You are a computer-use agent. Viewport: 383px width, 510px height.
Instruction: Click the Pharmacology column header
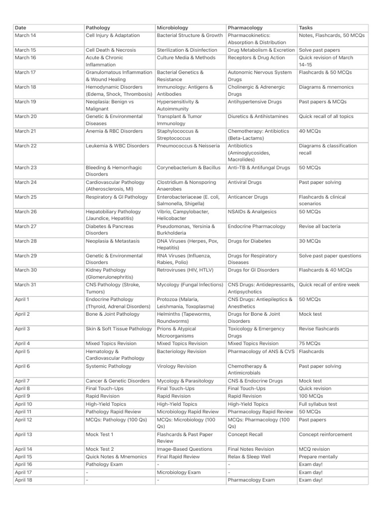tap(245, 28)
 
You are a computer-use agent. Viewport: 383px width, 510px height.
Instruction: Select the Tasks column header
tap(306, 28)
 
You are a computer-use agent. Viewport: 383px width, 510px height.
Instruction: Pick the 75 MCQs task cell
tap(310, 344)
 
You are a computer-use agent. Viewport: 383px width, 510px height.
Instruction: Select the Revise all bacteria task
tap(320, 226)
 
